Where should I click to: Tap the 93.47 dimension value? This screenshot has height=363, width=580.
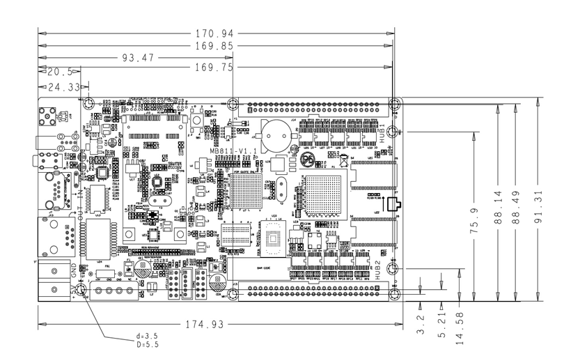[137, 57]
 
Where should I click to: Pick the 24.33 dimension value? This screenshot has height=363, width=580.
[65, 87]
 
